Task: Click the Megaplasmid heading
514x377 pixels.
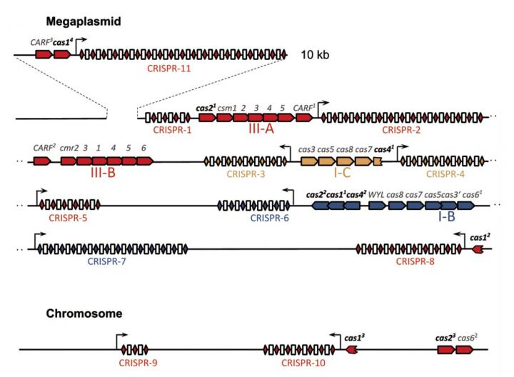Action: coord(83,21)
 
